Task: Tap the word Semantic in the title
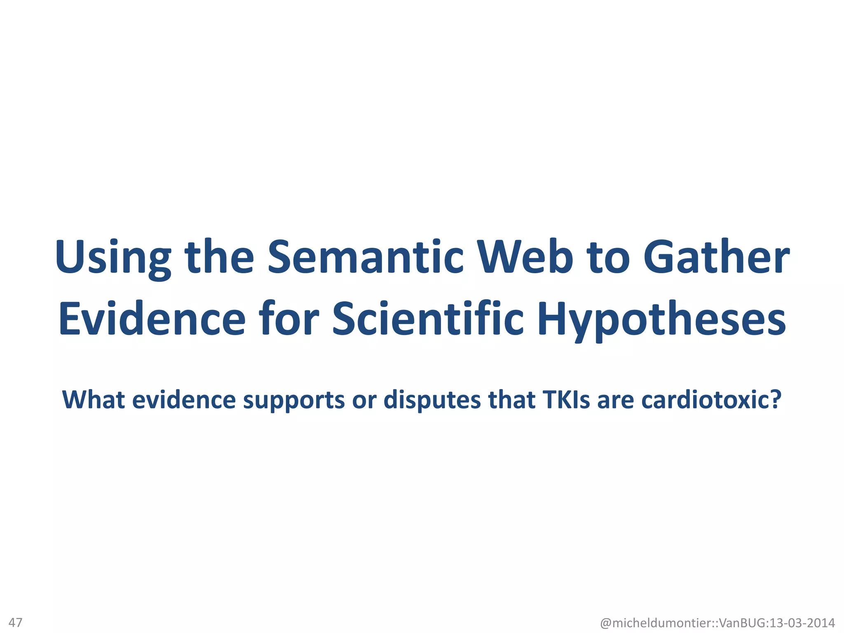pyautogui.click(x=366, y=257)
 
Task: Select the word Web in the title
pyautogui.click(x=525, y=257)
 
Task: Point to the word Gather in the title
pyautogui.click(x=716, y=257)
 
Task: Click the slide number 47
pyautogui.click(x=16, y=622)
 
